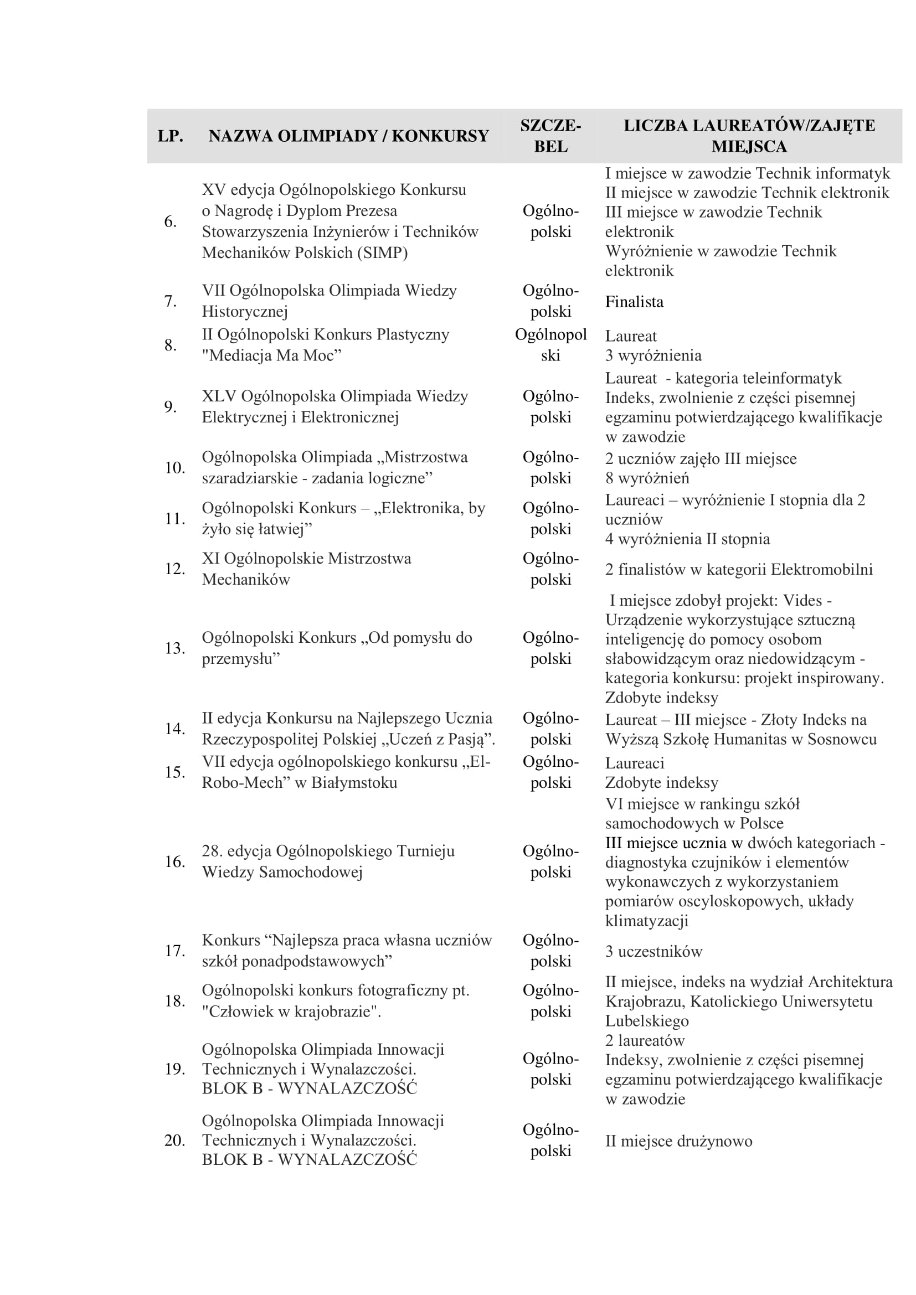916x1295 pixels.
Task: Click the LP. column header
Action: (171, 136)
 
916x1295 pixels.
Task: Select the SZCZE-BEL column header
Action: (550, 136)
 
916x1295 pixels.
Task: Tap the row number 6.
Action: (171, 221)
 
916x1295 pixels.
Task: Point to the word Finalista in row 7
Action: (634, 302)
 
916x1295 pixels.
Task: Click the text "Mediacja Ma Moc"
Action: (272, 355)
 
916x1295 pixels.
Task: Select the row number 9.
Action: (171, 407)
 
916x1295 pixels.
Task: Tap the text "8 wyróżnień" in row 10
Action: (647, 478)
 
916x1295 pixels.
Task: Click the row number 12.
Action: (174, 569)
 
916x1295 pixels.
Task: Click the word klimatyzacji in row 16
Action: (647, 921)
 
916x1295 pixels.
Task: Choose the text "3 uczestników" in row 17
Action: (653, 952)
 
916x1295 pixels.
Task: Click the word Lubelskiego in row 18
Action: (647, 1021)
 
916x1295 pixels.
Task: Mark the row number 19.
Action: (174, 1069)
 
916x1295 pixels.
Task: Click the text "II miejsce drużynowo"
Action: (678, 1141)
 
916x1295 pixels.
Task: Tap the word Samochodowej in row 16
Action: (310, 872)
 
